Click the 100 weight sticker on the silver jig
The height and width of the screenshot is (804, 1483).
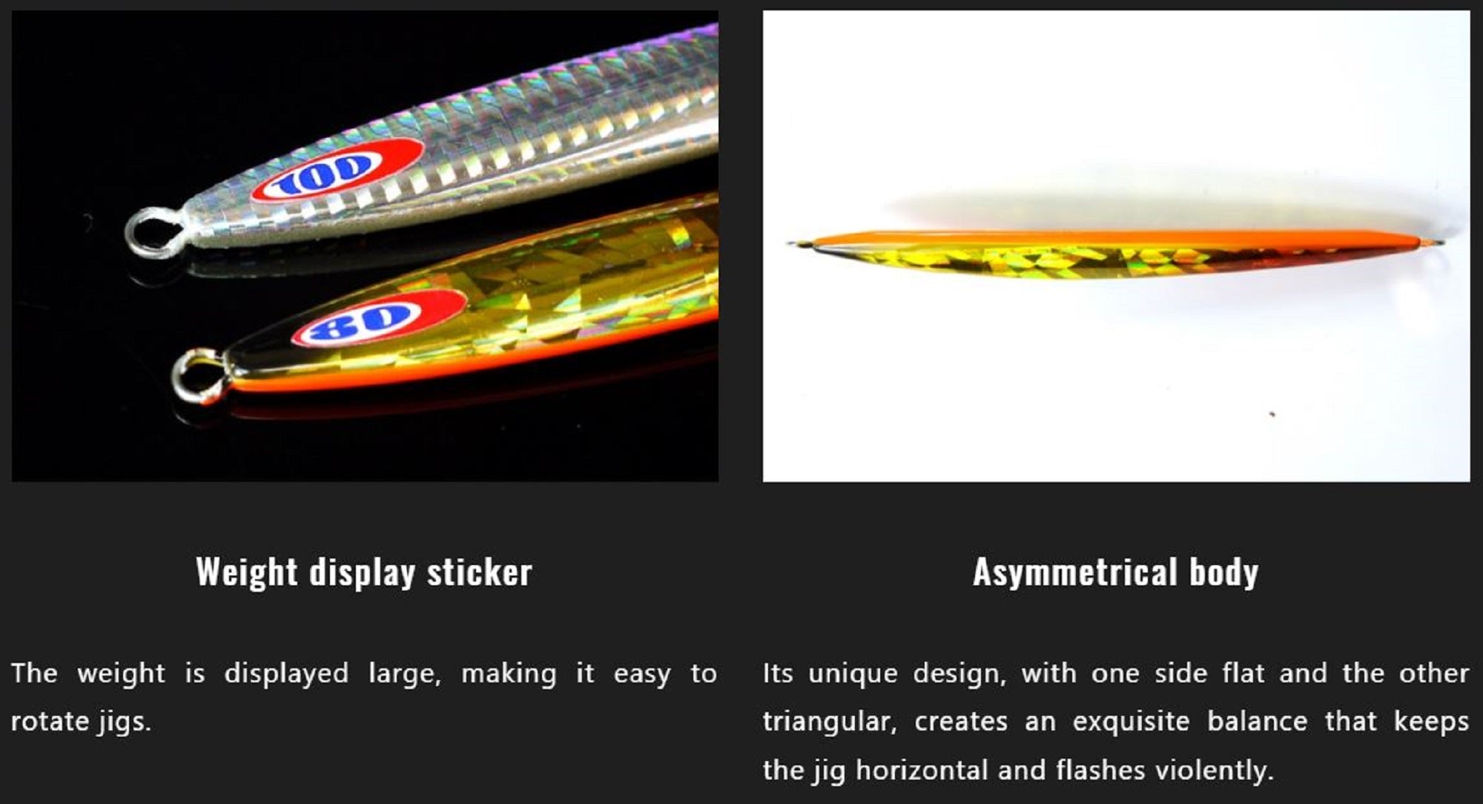[338, 170]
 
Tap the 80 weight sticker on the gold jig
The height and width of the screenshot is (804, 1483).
[380, 318]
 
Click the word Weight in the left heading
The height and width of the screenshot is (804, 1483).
[247, 573]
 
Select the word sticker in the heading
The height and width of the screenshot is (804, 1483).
[480, 573]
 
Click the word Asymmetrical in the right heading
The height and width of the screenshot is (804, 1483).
[1075, 573]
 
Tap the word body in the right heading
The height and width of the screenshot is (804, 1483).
[1224, 573]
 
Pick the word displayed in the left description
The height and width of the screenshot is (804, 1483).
[286, 674]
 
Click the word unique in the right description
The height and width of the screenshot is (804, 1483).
[853, 674]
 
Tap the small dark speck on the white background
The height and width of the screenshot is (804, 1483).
[1272, 414]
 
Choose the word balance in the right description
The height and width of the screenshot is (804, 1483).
[1257, 722]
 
